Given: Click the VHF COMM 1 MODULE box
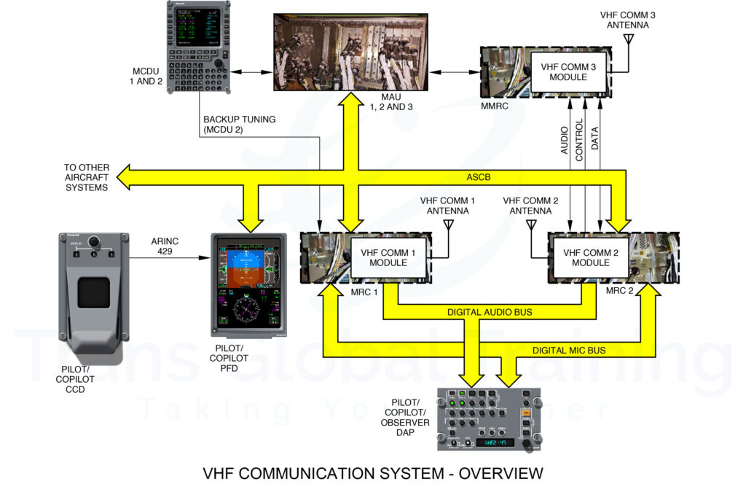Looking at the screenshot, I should pyautogui.click(x=388, y=257).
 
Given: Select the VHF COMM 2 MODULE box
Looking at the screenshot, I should pyautogui.click(x=590, y=257).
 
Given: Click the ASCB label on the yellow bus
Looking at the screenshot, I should pyautogui.click(x=479, y=176).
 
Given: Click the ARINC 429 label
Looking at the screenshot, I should pyautogui.click(x=165, y=246).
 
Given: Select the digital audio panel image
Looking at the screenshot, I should pyautogui.click(x=490, y=419).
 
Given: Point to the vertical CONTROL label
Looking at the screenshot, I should pyautogui.click(x=580, y=140).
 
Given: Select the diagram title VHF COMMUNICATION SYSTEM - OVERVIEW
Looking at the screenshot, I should pyautogui.click(x=373, y=472).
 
